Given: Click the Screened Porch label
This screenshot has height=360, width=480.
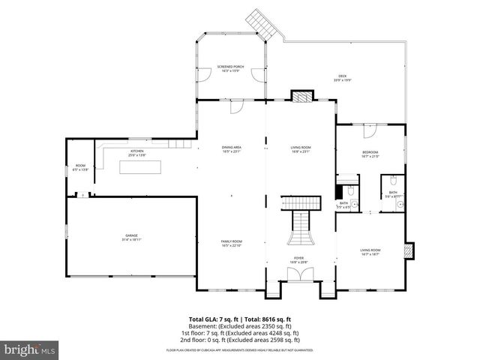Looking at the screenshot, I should coord(230,68).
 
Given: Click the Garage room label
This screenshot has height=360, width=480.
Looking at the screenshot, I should coord(131,238).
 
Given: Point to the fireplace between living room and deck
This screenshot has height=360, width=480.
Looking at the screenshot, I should coord(301,96).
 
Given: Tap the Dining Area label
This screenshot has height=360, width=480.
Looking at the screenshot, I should coord(231,149).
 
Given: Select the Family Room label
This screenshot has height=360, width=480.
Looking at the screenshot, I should coord(231,243).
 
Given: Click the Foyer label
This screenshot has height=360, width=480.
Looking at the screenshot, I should coord(298,259).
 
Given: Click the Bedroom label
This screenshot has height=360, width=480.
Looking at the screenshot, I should coord(370,154).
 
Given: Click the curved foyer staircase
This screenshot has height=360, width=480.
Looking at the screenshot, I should coord(299,229).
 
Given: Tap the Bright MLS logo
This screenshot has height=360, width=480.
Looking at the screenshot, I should coord(30,349).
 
